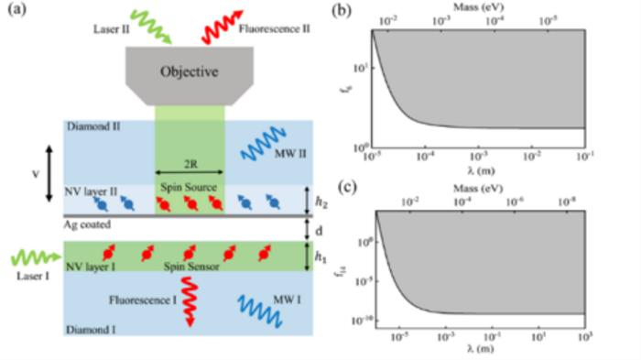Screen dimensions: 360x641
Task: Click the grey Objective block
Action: click(x=190, y=74)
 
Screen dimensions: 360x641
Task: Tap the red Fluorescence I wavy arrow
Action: click(x=190, y=305)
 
